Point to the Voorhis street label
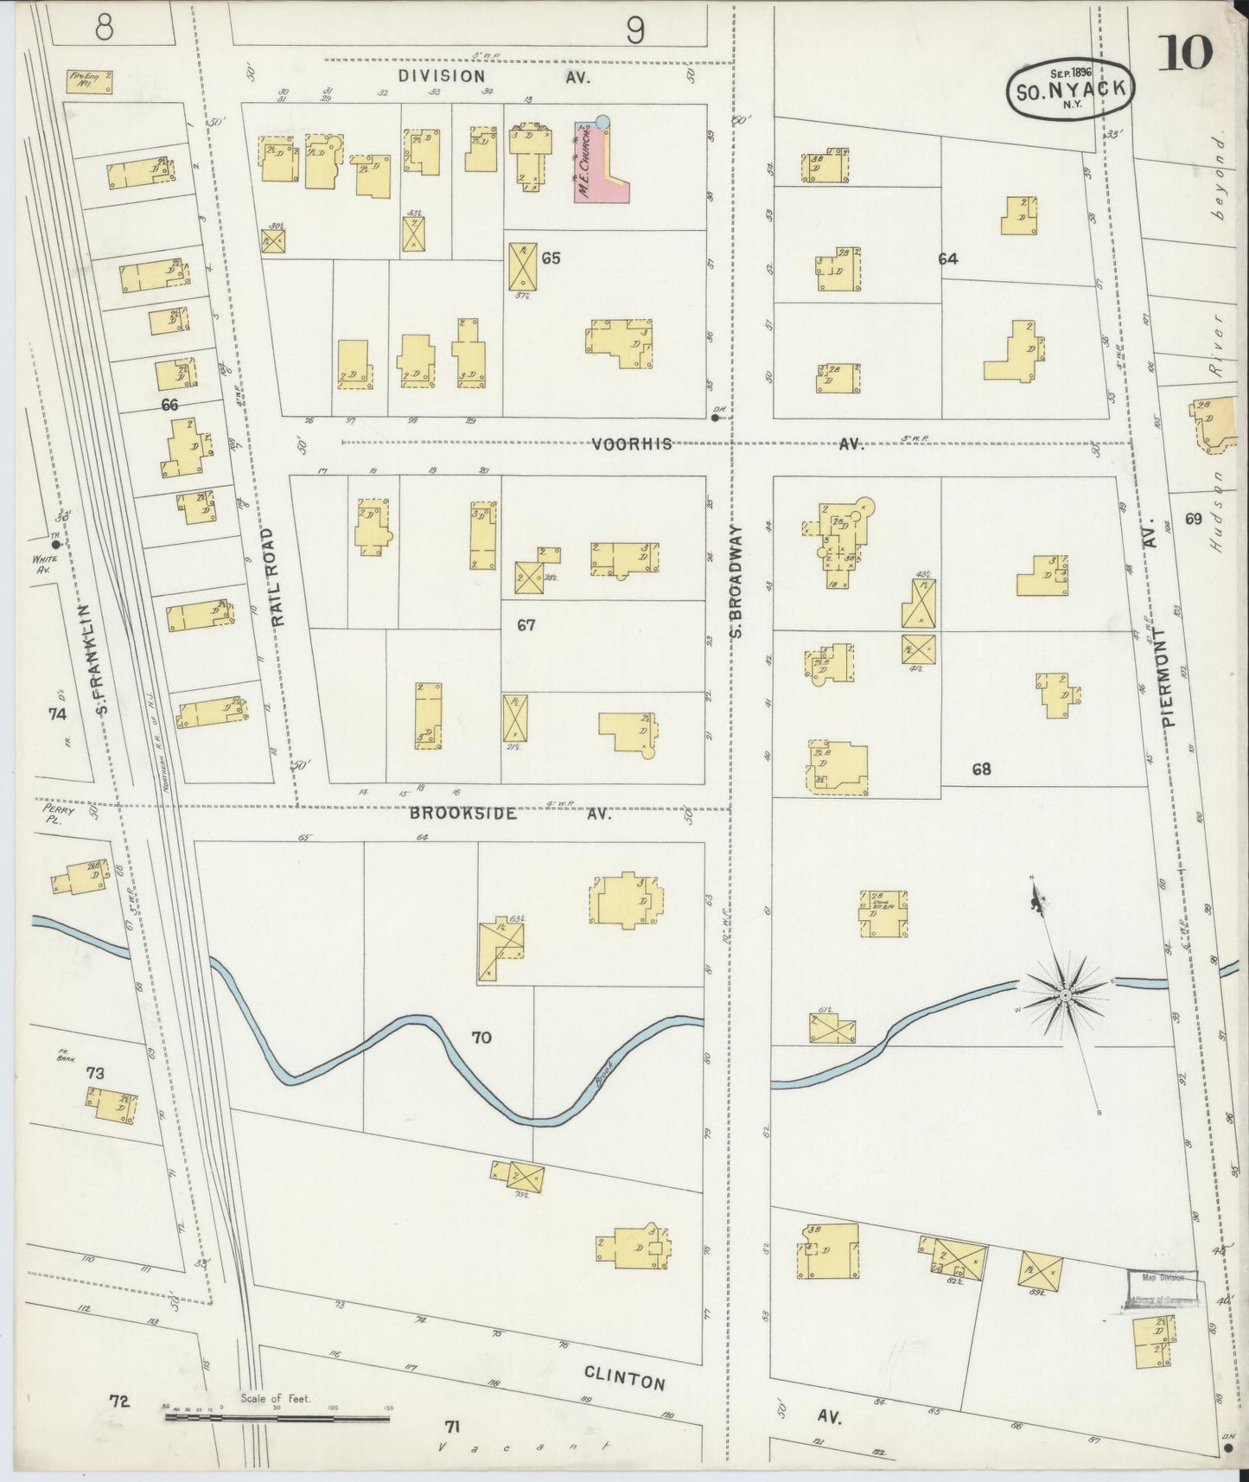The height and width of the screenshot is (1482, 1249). coord(632,444)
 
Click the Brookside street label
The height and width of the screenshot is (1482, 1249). coord(463,814)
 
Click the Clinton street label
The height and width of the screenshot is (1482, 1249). coord(624,1377)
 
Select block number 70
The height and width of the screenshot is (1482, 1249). coord(481,1037)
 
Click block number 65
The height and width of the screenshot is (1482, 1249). coord(551,258)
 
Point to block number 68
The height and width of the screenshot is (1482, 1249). coord(981,769)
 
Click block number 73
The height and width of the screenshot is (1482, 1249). coord(95,1073)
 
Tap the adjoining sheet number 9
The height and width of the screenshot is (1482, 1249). coord(635,32)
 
